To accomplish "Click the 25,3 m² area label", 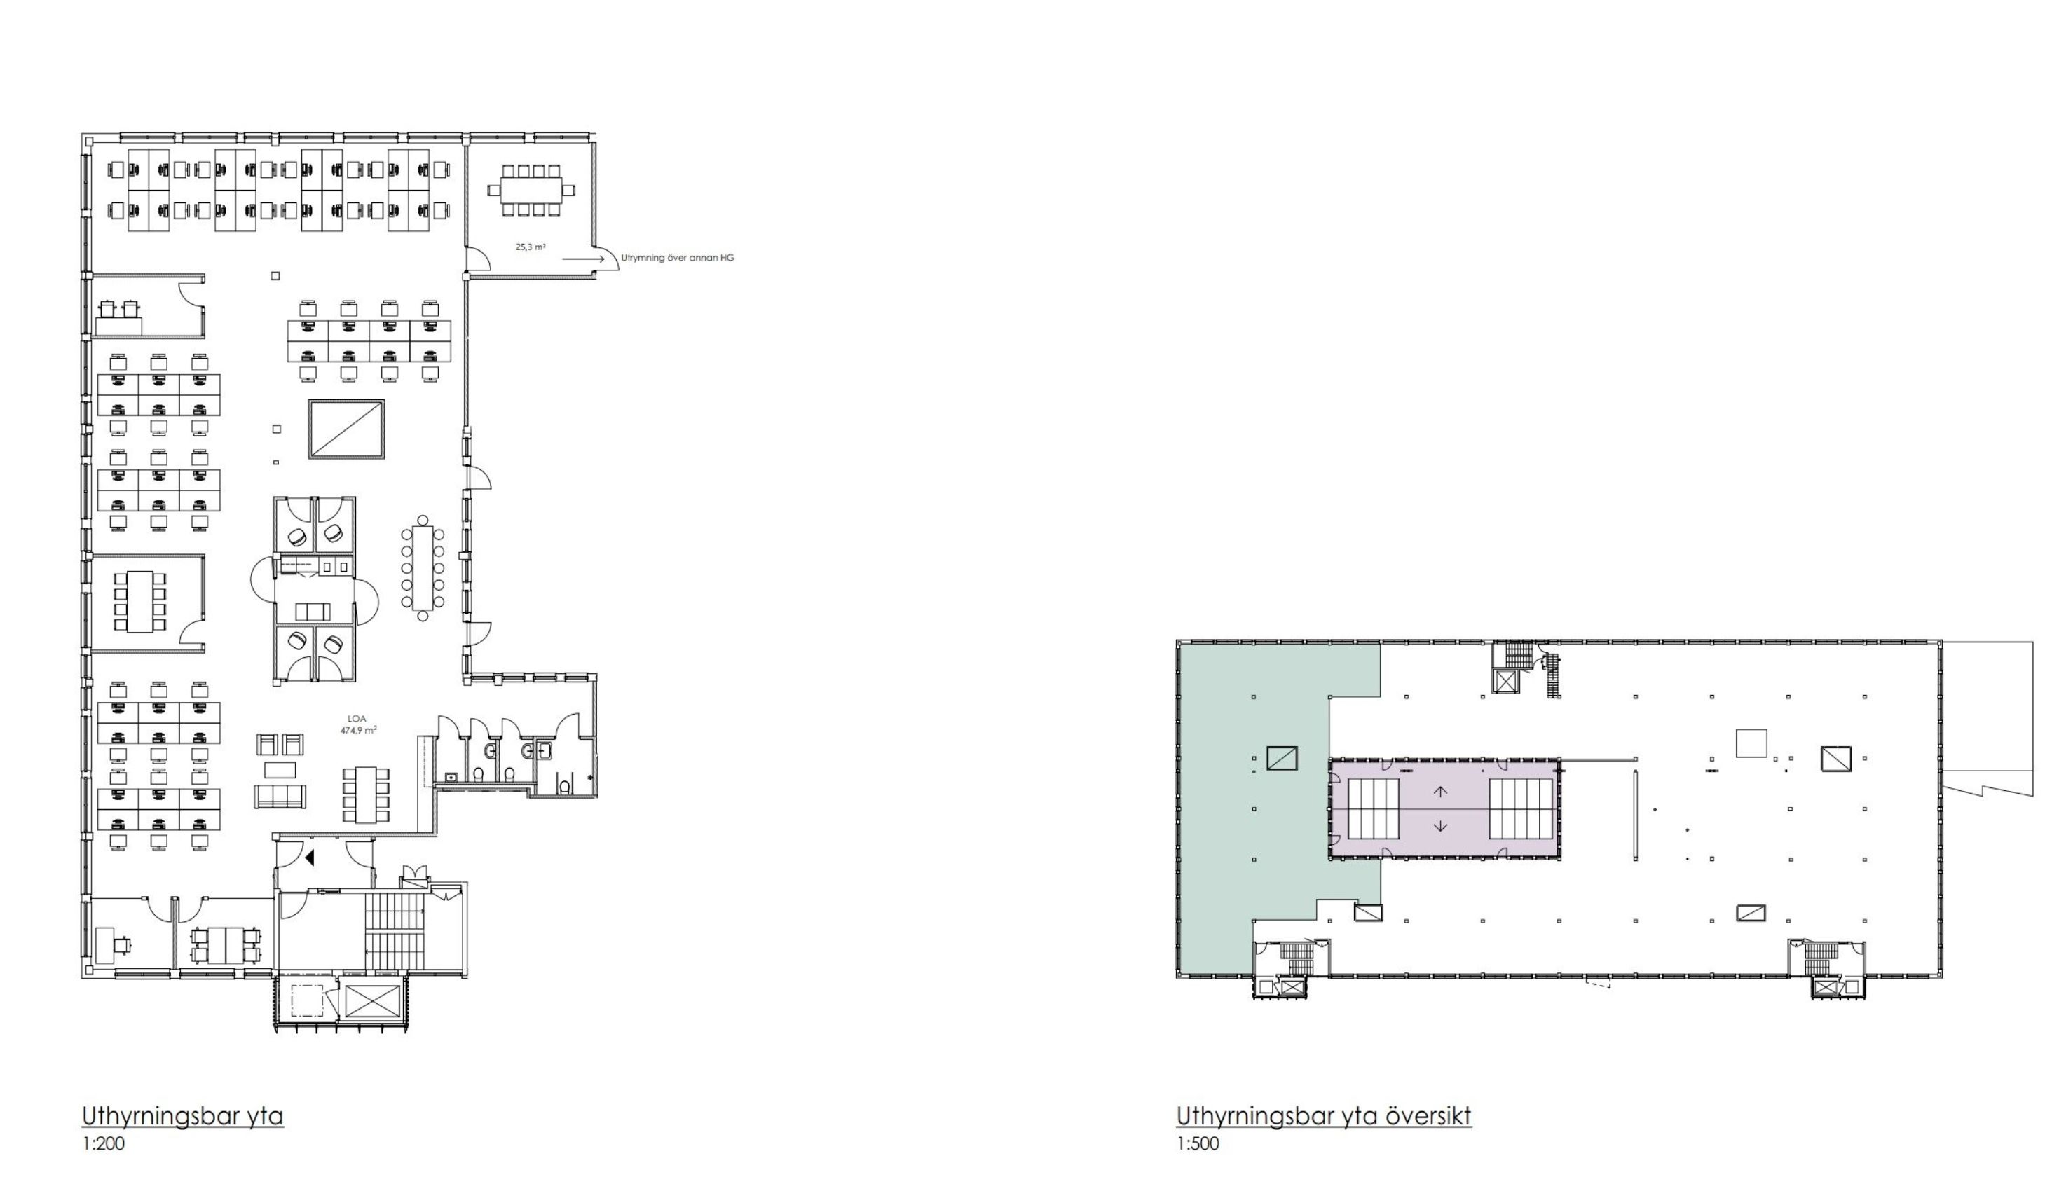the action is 531,246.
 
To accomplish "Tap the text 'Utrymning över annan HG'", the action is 678,258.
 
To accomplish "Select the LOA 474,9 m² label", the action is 357,724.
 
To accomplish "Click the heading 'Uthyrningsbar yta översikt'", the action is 1324,1116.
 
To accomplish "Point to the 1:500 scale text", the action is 1198,1143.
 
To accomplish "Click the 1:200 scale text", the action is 103,1143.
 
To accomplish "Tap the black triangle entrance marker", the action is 309,858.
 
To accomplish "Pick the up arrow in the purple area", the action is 1441,792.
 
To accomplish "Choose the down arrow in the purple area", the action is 1441,826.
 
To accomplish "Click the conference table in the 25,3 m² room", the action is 532,191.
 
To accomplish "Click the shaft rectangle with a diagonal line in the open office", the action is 346,429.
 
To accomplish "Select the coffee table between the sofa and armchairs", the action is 280,770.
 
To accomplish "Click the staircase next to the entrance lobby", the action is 396,932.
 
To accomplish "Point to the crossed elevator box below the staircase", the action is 372,1000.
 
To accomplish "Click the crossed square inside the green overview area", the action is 1282,758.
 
